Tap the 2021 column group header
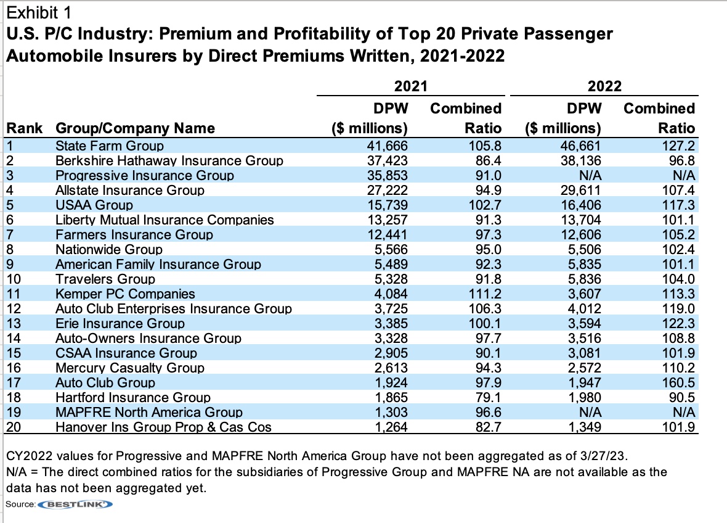[410, 86]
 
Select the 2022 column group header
[604, 86]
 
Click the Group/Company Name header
[135, 128]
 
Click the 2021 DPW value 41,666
[388, 146]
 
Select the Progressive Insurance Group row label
[144, 176]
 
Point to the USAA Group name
[94, 205]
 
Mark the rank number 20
[14, 427]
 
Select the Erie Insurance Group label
[120, 324]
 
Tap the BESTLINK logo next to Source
[76, 504]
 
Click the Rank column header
[24, 128]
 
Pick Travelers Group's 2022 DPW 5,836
[583, 279]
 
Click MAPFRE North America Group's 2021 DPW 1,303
[391, 413]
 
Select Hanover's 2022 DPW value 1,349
[583, 427]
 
